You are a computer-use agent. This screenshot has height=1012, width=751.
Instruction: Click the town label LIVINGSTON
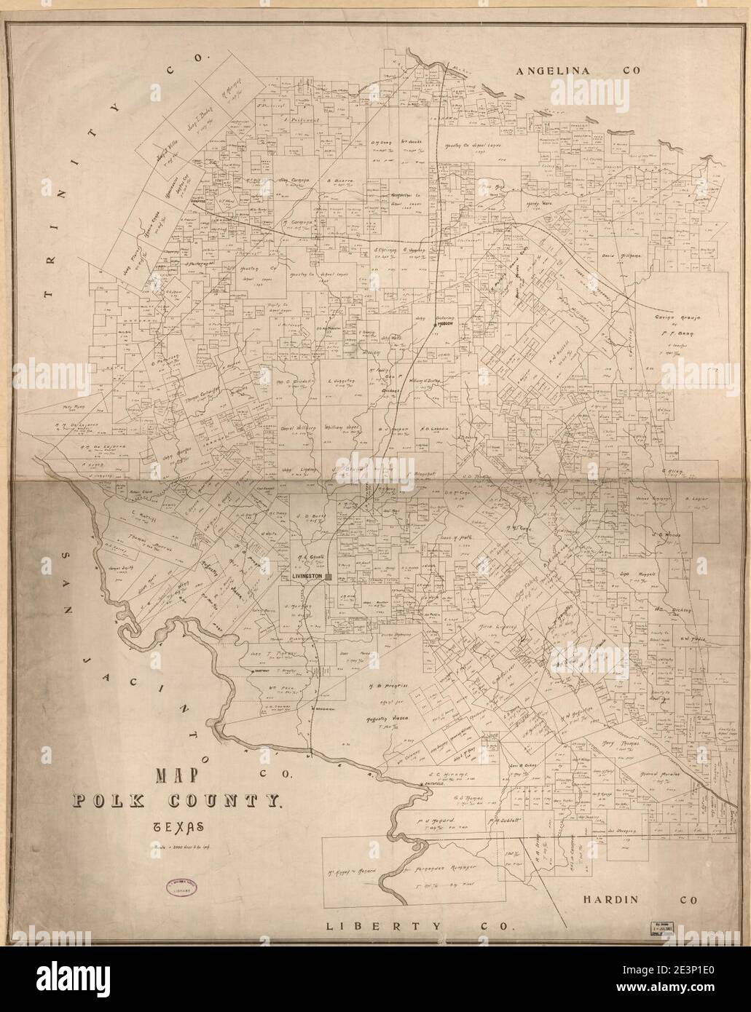(x=307, y=576)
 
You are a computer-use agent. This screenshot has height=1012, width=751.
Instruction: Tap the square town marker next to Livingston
(x=329, y=576)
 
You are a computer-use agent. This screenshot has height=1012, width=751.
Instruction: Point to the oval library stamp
(x=175, y=871)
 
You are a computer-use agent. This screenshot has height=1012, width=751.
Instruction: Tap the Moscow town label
(x=442, y=325)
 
